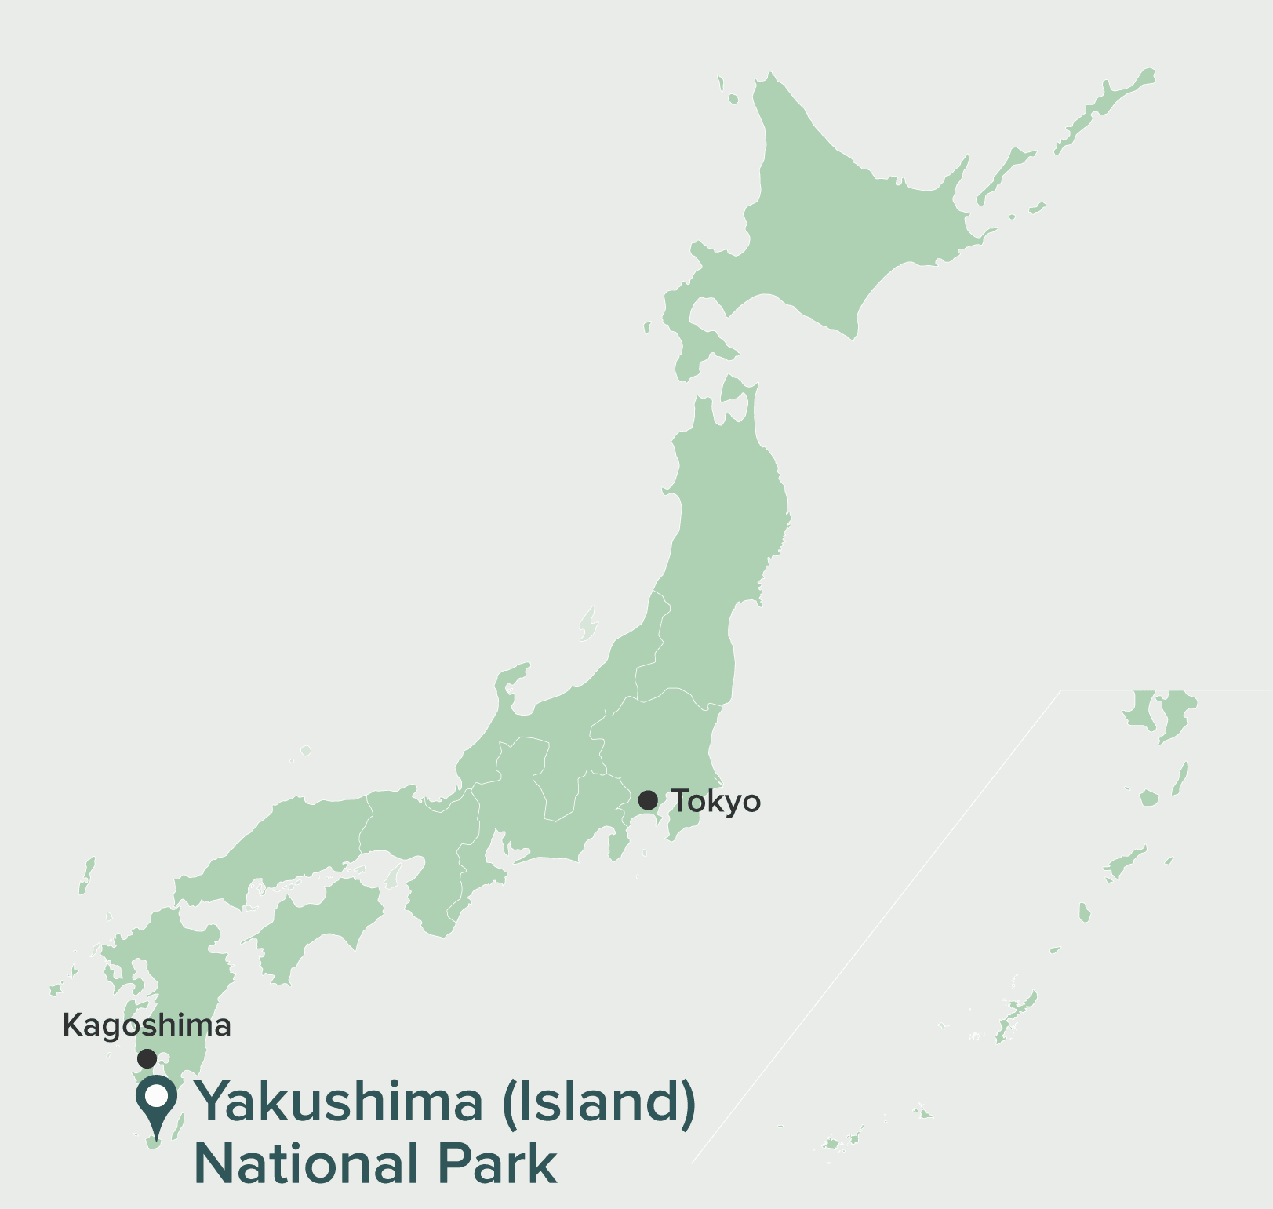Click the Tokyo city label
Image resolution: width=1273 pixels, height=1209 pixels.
click(716, 802)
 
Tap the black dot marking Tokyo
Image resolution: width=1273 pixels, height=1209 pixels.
click(648, 800)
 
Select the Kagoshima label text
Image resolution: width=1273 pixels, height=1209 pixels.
click(147, 1025)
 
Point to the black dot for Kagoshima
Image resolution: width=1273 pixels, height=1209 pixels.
click(147, 1058)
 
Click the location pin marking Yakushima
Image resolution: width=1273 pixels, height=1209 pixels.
click(157, 1102)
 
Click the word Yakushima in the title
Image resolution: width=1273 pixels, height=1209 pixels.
click(339, 1102)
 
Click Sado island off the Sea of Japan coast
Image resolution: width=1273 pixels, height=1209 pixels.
click(588, 624)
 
